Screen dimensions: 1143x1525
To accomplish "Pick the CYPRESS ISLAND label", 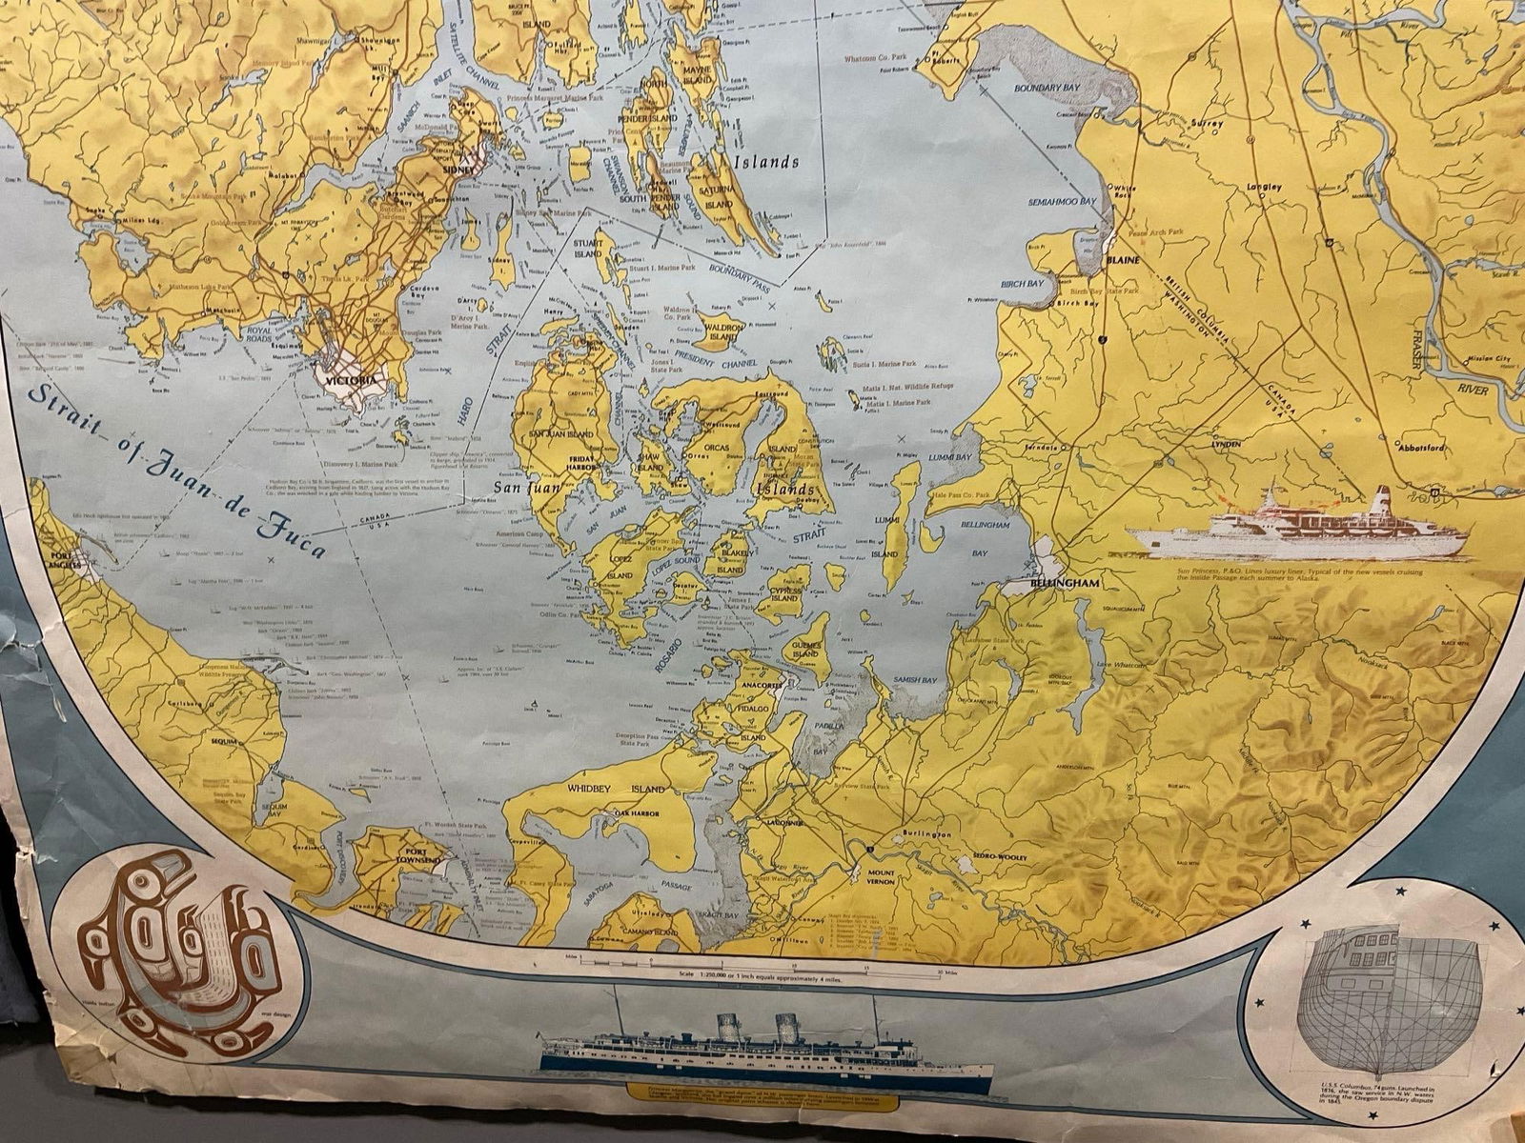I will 786,591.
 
